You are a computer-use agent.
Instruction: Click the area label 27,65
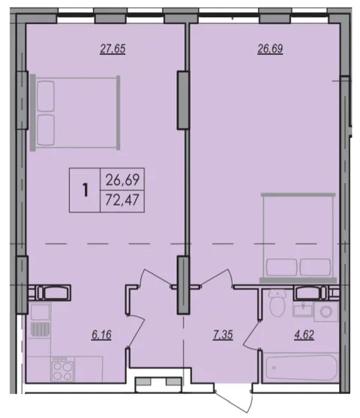tap(112, 49)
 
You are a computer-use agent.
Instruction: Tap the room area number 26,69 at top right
tap(270, 49)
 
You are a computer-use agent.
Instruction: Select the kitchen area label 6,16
tap(101, 335)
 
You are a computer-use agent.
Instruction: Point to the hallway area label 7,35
tap(223, 335)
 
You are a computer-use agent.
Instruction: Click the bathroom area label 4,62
tap(304, 335)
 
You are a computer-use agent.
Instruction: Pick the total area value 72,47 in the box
tap(122, 200)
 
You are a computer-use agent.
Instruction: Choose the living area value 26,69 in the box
tap(122, 179)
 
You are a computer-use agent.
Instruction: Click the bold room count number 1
tap(85, 190)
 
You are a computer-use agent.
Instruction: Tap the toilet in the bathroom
tap(277, 303)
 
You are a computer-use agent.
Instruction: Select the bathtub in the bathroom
tap(302, 368)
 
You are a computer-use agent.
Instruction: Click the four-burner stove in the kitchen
tap(62, 369)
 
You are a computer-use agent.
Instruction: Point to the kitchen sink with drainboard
tap(40, 320)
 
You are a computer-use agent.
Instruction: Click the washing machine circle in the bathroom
tap(326, 311)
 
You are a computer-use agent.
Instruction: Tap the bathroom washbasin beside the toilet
tap(303, 309)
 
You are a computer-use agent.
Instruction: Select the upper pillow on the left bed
tap(46, 96)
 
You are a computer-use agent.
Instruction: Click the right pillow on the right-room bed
tap(315, 267)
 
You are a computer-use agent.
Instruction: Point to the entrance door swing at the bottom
tap(235, 401)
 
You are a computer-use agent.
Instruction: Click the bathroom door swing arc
tap(250, 335)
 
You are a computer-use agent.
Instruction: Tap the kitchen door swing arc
tap(137, 330)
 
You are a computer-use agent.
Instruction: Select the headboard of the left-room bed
tap(33, 113)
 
